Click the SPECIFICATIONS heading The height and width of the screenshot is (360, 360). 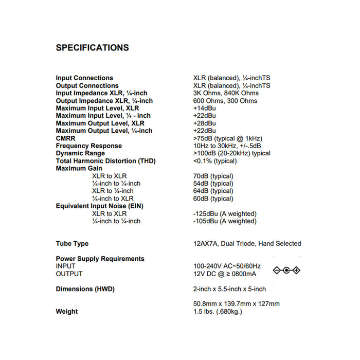[x=92, y=48]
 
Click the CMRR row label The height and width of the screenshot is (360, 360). [x=66, y=138]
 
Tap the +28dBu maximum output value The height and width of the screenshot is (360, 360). [x=204, y=123]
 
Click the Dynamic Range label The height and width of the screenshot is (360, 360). [x=80, y=153]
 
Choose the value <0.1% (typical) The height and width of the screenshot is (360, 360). [x=215, y=161]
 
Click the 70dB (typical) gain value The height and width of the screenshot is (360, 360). [x=213, y=176]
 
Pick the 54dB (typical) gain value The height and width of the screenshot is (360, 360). [x=213, y=184]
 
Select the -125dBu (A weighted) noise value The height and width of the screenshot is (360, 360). [x=225, y=213]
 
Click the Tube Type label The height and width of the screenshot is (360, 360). [x=72, y=244]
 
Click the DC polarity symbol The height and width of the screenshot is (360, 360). [x=286, y=270]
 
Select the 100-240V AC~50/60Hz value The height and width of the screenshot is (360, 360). [x=227, y=266]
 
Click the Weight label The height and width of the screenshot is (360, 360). [x=67, y=312]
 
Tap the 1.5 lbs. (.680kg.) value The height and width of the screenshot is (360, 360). [x=218, y=312]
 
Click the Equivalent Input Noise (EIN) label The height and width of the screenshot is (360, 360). [x=100, y=206]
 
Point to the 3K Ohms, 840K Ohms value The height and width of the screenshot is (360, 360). [x=226, y=93]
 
